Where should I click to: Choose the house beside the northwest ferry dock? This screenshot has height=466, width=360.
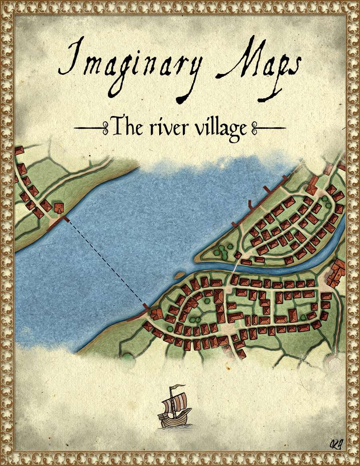pos(59,208)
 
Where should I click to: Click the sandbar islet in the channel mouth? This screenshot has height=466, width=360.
pos(179,274)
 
